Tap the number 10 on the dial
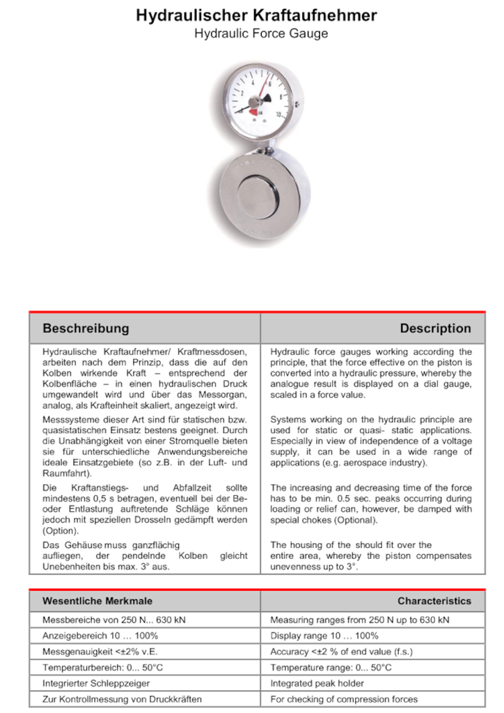click(x=278, y=114)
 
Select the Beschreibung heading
click(x=86, y=328)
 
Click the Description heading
click(x=435, y=328)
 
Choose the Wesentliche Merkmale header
click(x=97, y=601)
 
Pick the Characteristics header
click(x=434, y=601)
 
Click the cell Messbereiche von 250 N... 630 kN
click(x=116, y=620)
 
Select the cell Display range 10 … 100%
click(x=324, y=636)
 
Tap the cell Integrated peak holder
click(x=317, y=683)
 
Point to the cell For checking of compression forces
click(x=344, y=699)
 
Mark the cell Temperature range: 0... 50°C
click(x=331, y=667)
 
